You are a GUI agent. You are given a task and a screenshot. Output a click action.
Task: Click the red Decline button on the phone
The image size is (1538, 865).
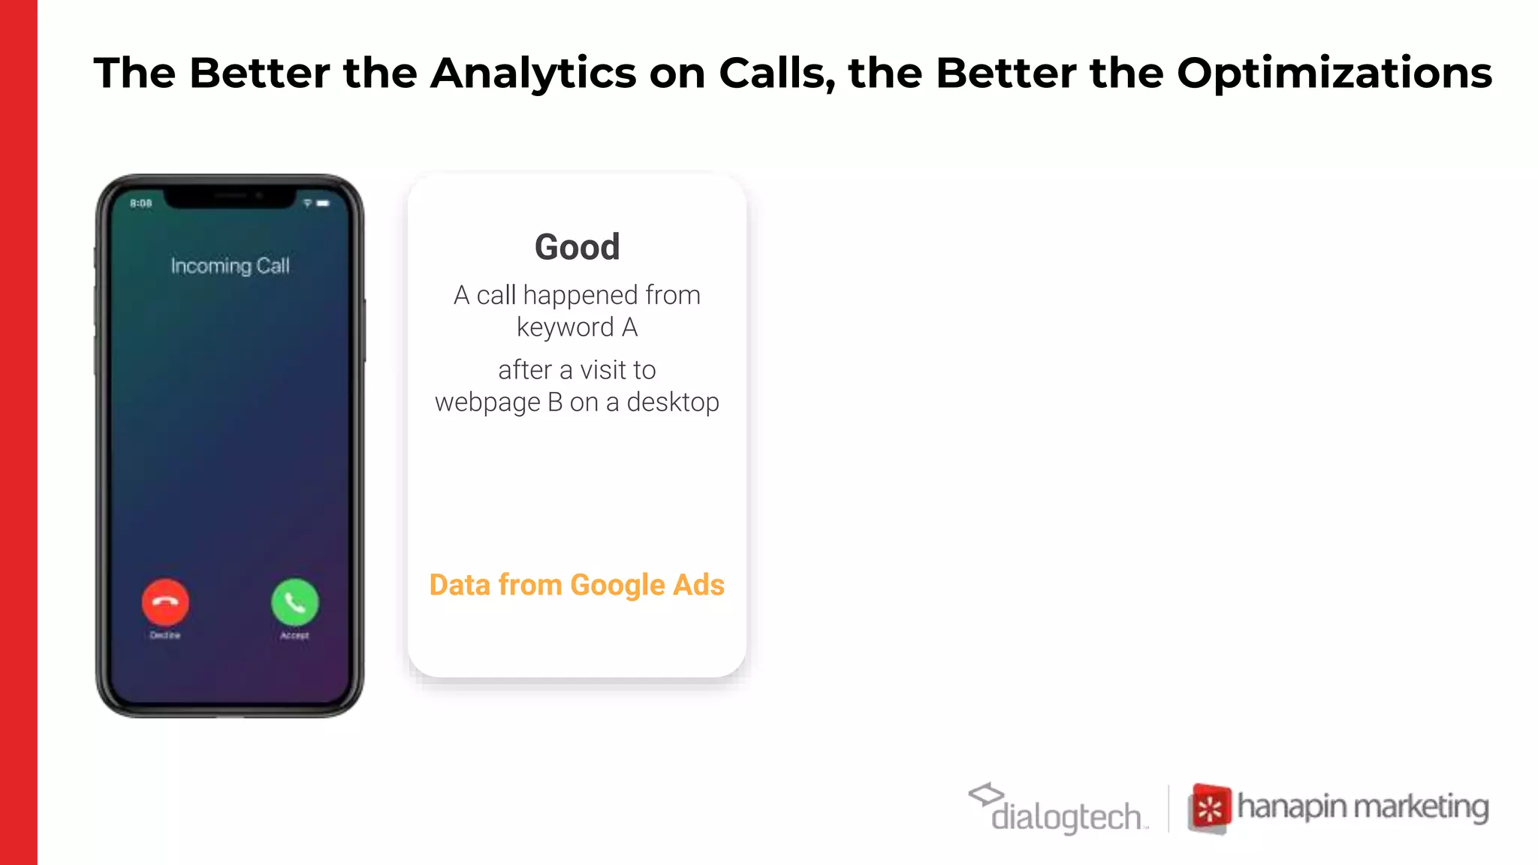165,602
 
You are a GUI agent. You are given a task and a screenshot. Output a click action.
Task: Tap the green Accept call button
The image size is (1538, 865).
294,602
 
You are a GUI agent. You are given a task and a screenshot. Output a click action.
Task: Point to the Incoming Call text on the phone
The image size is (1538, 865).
230,266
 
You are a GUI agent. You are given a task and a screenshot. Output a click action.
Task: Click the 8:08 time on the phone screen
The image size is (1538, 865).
141,203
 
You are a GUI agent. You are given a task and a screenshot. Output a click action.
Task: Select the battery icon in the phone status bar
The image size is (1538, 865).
323,203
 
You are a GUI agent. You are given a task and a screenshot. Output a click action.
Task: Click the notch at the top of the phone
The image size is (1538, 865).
230,197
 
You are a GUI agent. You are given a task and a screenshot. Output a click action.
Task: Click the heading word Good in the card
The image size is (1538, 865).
577,247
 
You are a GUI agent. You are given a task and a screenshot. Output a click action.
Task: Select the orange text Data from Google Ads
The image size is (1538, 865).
577,585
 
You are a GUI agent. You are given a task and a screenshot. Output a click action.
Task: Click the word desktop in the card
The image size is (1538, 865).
673,402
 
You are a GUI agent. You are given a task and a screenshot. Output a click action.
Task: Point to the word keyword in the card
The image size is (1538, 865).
565,328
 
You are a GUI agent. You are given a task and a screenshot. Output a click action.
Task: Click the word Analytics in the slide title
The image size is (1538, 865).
533,74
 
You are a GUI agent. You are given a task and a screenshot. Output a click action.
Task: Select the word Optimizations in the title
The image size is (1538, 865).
1334,74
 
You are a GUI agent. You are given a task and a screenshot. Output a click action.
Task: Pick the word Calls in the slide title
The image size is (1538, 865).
777,74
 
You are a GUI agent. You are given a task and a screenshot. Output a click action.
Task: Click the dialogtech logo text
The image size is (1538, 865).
1066,817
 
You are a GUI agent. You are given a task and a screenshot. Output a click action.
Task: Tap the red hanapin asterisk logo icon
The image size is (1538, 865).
1210,809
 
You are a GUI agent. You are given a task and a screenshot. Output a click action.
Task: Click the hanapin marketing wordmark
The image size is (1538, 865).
1362,807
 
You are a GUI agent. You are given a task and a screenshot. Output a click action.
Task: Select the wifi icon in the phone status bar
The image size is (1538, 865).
307,203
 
